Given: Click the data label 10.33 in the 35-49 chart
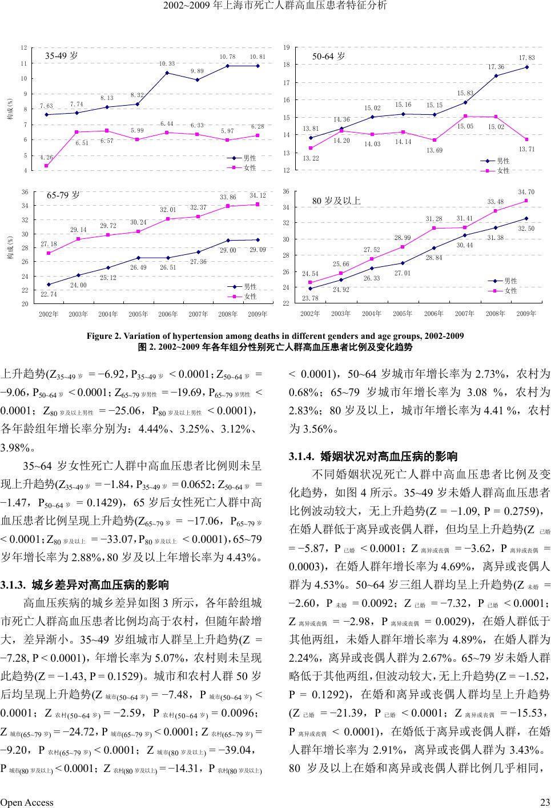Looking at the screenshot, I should [167, 63].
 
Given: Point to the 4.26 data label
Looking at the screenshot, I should [47, 157].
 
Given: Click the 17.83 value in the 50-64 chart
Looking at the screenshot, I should [527, 58].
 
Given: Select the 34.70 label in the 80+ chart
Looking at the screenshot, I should [526, 192].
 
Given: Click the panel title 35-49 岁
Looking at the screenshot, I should [62, 56].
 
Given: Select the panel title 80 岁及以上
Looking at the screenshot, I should [336, 201].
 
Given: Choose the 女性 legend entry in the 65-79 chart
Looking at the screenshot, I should [250, 297].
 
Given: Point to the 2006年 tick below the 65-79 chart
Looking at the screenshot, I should [168, 314].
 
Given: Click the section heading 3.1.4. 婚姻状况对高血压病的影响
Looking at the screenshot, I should [373, 457].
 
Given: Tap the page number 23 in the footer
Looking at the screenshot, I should [545, 802].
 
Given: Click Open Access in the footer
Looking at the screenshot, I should [27, 802].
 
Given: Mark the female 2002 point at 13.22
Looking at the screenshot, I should [311, 149].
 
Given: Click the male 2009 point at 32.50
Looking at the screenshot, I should [526, 218].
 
